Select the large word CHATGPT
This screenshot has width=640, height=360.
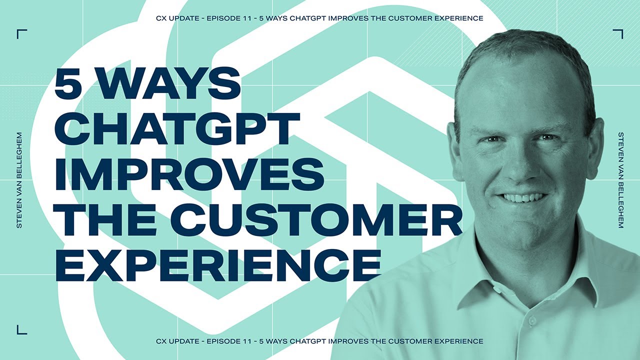pos(177,128)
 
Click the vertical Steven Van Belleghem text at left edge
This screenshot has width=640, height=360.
pos(19,180)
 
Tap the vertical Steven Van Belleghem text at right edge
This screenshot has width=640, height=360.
pos(620,180)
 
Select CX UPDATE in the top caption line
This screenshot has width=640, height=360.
pos(176,18)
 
